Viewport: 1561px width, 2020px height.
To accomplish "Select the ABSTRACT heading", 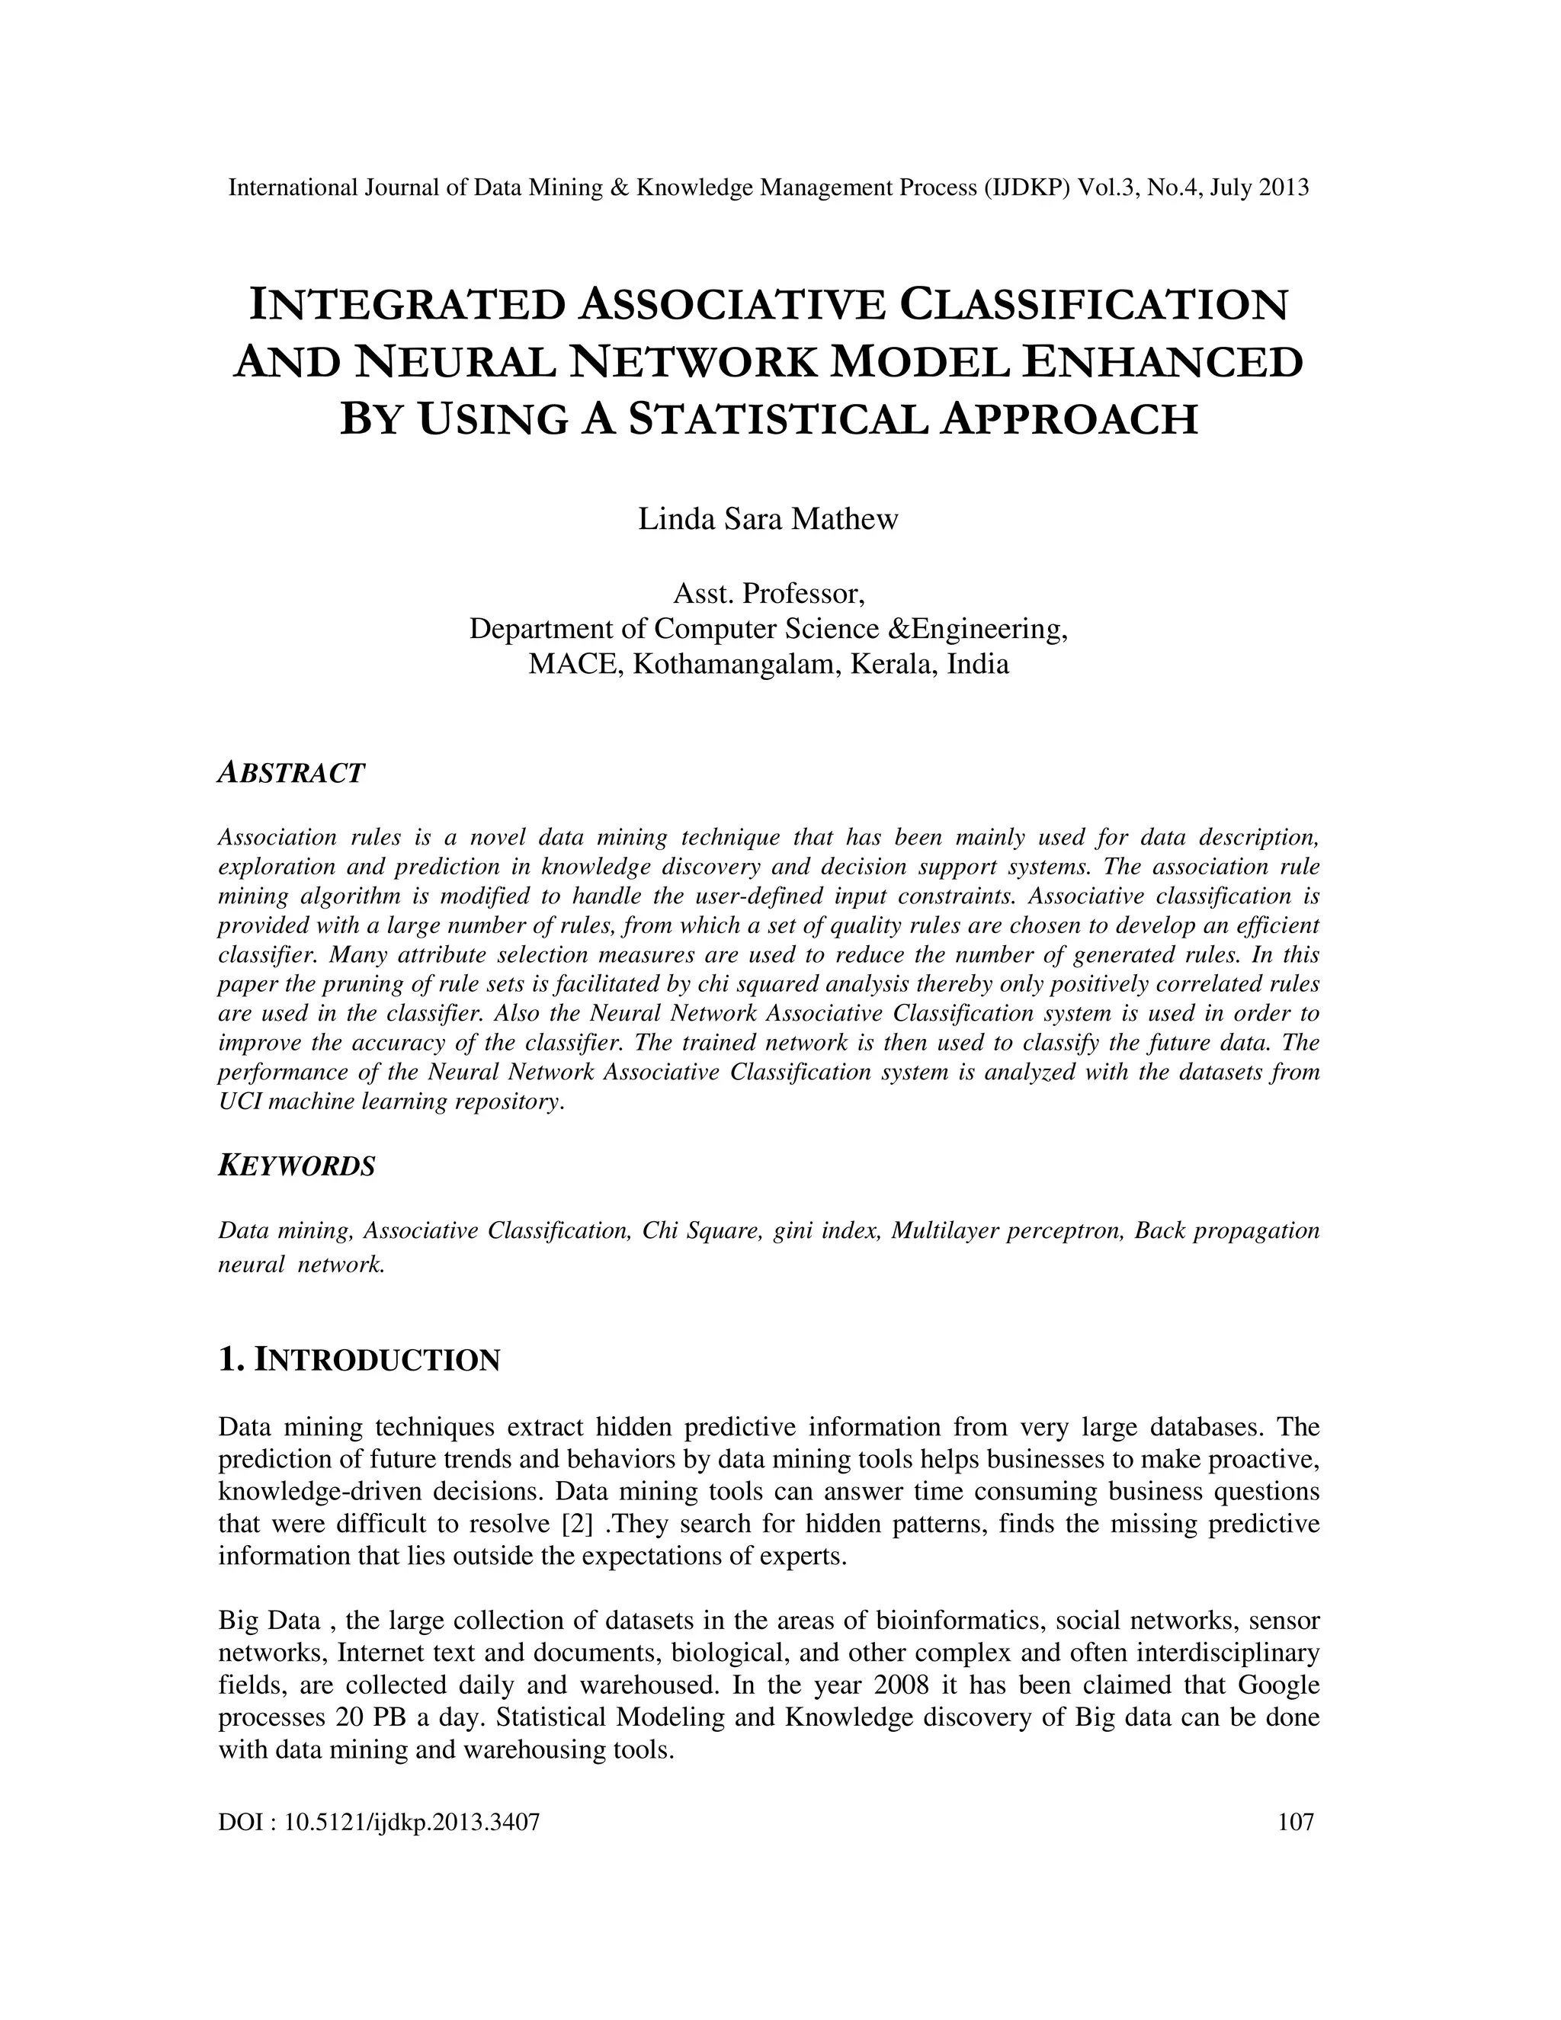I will (291, 772).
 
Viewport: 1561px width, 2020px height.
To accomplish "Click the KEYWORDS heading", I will (296, 1166).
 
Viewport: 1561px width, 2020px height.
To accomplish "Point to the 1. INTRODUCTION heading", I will (359, 1361).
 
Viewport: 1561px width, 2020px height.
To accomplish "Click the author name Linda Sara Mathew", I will (768, 519).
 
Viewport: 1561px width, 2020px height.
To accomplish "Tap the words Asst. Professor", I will (768, 592).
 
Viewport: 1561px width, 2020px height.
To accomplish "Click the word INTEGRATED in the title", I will (407, 304).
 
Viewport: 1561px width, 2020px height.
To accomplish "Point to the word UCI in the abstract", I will (237, 1101).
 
